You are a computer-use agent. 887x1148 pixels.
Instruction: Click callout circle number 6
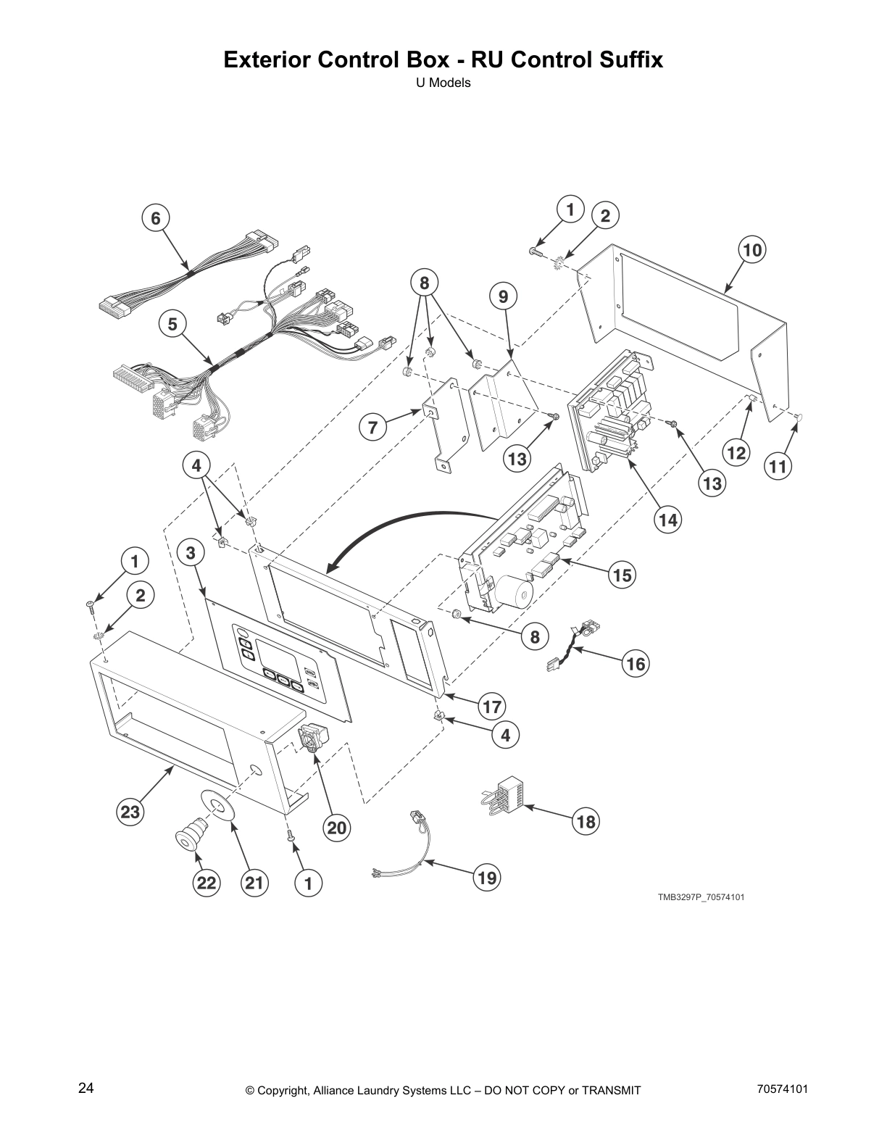click(155, 217)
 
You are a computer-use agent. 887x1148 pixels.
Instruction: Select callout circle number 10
click(752, 251)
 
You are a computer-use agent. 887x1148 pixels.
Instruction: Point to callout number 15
click(622, 575)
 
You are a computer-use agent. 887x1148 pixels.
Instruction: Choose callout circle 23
click(130, 812)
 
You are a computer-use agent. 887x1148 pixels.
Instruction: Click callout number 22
click(207, 883)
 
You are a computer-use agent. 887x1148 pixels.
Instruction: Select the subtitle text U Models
click(443, 83)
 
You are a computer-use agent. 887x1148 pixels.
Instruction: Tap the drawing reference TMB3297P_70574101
click(701, 897)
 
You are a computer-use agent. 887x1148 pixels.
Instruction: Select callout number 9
click(503, 296)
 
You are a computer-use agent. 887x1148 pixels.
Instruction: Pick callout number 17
click(492, 707)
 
